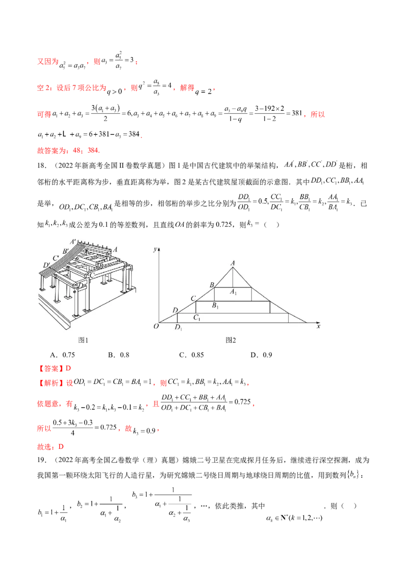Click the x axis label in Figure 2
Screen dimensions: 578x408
pos(318,326)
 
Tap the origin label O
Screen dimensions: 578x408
pos(156,326)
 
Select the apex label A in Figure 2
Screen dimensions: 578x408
pos(233,263)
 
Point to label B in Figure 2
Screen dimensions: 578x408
pos(211,284)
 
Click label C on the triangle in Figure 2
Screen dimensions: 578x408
pos(193,298)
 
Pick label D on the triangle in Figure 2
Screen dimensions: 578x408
pos(175,310)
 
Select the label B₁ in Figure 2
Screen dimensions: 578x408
pos(215,306)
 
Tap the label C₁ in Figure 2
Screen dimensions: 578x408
pos(196,318)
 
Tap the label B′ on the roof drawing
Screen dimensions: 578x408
pos(65,251)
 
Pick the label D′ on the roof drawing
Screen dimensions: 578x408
pos(47,265)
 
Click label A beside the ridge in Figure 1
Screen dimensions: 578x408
pos(116,249)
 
